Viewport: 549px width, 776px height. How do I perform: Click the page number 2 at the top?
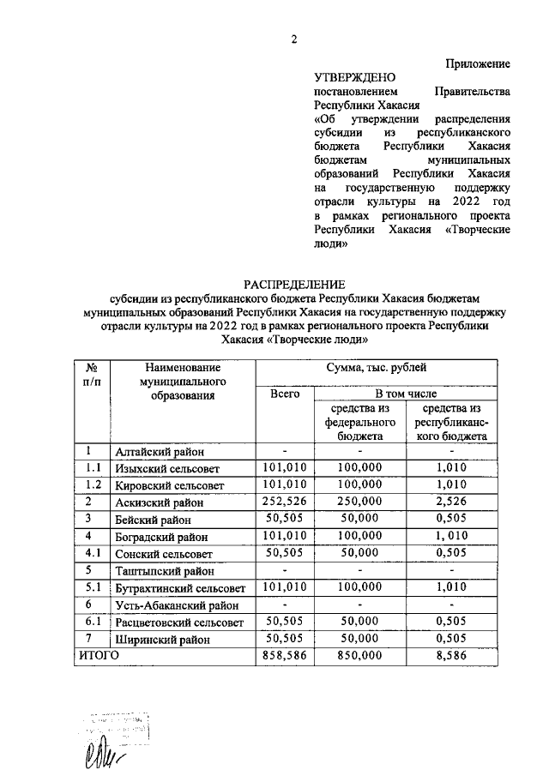coord(293,39)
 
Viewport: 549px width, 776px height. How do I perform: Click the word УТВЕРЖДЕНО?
coord(350,77)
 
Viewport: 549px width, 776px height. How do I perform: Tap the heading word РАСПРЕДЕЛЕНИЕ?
coord(293,284)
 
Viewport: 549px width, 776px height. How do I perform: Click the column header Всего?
coord(285,394)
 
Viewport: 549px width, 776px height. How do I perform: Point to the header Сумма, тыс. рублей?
coord(374,368)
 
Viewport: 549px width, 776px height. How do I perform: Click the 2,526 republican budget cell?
coord(451,502)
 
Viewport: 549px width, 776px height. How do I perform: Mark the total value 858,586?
coord(285,656)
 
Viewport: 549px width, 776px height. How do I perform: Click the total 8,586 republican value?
coord(451,656)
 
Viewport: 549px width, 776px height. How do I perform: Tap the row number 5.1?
coord(94,587)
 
